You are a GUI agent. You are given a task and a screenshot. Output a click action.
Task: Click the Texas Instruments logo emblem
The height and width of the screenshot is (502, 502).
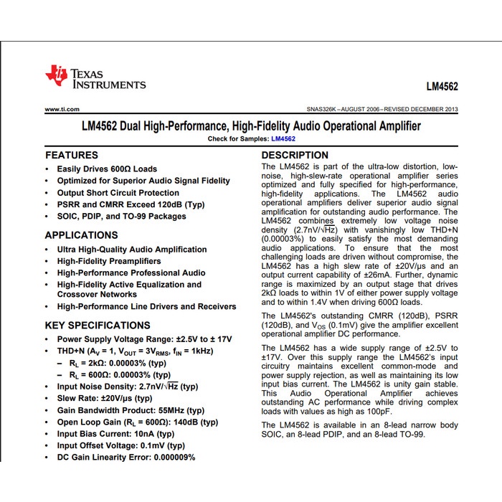[x=56, y=77]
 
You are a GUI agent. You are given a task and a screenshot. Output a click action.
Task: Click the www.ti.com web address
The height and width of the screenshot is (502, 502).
[x=61, y=109]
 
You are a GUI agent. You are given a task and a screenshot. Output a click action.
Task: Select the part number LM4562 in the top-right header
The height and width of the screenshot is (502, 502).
[x=442, y=87]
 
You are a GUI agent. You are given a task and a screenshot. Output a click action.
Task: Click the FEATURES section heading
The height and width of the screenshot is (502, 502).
[x=72, y=155]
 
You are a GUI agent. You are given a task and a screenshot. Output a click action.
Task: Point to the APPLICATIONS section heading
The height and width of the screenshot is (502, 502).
[x=81, y=235]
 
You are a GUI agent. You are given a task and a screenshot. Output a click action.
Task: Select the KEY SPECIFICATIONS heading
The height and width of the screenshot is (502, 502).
[x=97, y=324]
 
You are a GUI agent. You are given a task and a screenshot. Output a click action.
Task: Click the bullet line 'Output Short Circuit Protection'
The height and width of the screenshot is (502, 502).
[x=118, y=193]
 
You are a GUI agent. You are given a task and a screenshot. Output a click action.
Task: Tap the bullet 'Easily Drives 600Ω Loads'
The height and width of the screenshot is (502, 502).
[x=107, y=169]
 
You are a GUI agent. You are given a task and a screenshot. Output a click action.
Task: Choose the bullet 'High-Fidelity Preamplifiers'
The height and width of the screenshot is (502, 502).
[x=109, y=261]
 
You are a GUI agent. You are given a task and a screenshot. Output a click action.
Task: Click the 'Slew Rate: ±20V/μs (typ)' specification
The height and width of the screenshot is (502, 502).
[x=105, y=398]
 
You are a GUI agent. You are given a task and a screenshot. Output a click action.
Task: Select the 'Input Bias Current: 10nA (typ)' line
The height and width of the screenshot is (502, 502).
[x=115, y=434]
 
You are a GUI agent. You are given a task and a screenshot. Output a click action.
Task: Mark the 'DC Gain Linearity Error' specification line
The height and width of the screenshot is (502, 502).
[x=126, y=458]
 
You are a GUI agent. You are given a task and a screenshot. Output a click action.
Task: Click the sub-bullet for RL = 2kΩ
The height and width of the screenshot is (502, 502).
[x=120, y=363]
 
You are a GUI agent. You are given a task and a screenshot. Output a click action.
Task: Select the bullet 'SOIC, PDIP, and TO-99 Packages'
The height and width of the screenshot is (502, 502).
[x=121, y=216]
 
